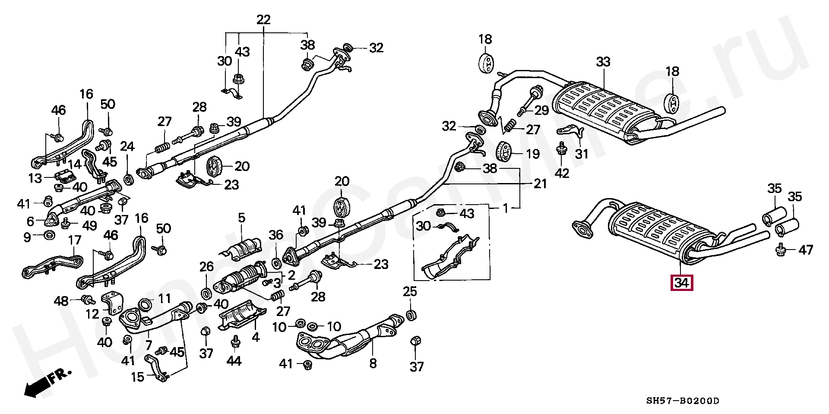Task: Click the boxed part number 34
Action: pyautogui.click(x=681, y=283)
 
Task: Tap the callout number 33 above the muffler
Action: pyautogui.click(x=603, y=62)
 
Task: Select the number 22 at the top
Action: pyautogui.click(x=263, y=19)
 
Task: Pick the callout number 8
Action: pyautogui.click(x=373, y=363)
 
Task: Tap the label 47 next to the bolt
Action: pyautogui.click(x=806, y=250)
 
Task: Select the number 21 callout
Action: pyautogui.click(x=540, y=184)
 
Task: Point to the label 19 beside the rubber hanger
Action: pyautogui.click(x=533, y=154)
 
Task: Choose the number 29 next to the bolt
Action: pyautogui.click(x=541, y=111)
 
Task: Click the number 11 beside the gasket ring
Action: pyautogui.click(x=164, y=298)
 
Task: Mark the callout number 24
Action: pyautogui.click(x=127, y=147)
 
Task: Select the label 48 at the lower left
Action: pyautogui.click(x=62, y=300)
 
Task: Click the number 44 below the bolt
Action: pyautogui.click(x=235, y=361)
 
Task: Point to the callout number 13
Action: pyautogui.click(x=35, y=178)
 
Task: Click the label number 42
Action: pyautogui.click(x=562, y=173)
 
